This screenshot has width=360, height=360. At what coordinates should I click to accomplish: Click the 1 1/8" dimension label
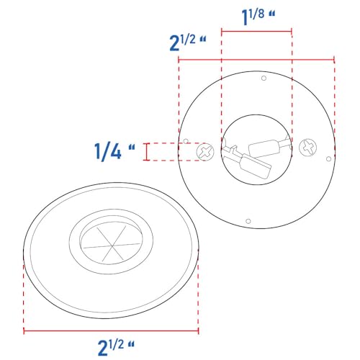coord(258,17)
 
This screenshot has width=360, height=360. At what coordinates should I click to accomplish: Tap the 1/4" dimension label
coord(114,151)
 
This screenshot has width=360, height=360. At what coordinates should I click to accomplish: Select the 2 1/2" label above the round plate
coord(188,42)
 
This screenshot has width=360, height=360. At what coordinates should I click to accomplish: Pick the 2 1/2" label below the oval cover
coord(116,347)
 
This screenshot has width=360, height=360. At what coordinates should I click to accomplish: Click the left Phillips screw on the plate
coord(205,152)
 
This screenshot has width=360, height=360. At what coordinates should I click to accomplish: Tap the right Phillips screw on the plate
coord(307,147)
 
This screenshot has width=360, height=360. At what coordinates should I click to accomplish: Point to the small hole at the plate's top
coord(264,78)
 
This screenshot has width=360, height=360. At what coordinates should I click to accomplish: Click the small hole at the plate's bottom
coord(248,221)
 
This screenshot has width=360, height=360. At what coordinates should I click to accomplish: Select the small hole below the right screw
coord(329,159)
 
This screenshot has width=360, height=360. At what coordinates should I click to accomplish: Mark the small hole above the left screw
coord(186,141)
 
